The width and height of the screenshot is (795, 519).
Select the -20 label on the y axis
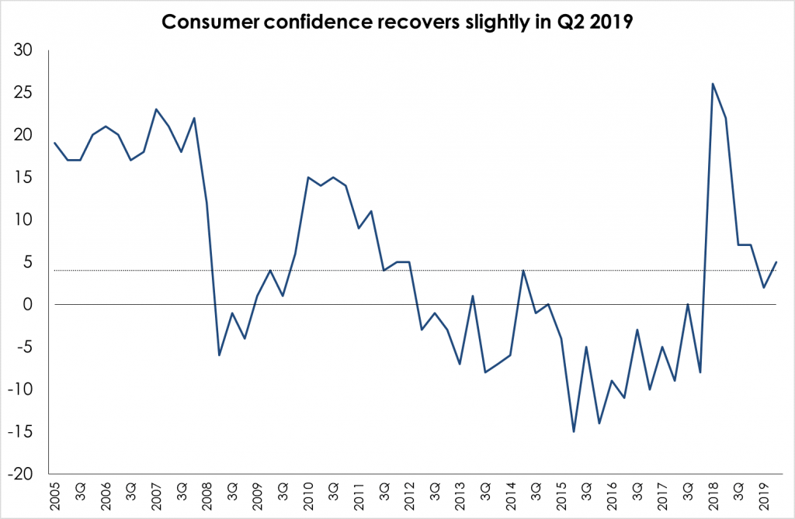click(x=27, y=474)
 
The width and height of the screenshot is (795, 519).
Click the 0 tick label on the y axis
click(x=35, y=305)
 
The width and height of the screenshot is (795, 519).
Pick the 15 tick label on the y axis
click(x=30, y=178)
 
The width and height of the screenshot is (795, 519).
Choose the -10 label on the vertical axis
click(x=27, y=389)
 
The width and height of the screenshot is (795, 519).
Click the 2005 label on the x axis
click(x=55, y=494)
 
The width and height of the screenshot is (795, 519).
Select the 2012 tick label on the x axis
click(x=409, y=494)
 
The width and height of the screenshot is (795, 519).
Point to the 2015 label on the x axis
click(x=561, y=494)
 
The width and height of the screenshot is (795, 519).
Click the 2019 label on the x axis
click(x=764, y=494)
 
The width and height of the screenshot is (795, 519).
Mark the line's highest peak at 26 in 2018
click(x=713, y=84)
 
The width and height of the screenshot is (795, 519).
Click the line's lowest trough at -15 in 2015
click(x=574, y=431)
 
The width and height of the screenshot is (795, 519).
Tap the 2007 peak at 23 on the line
click(x=156, y=109)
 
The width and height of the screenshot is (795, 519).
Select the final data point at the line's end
click(x=776, y=262)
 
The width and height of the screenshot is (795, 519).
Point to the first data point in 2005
click(x=54, y=143)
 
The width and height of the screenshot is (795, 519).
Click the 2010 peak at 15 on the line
click(x=308, y=177)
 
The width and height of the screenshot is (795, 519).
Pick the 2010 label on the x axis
click(x=308, y=494)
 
